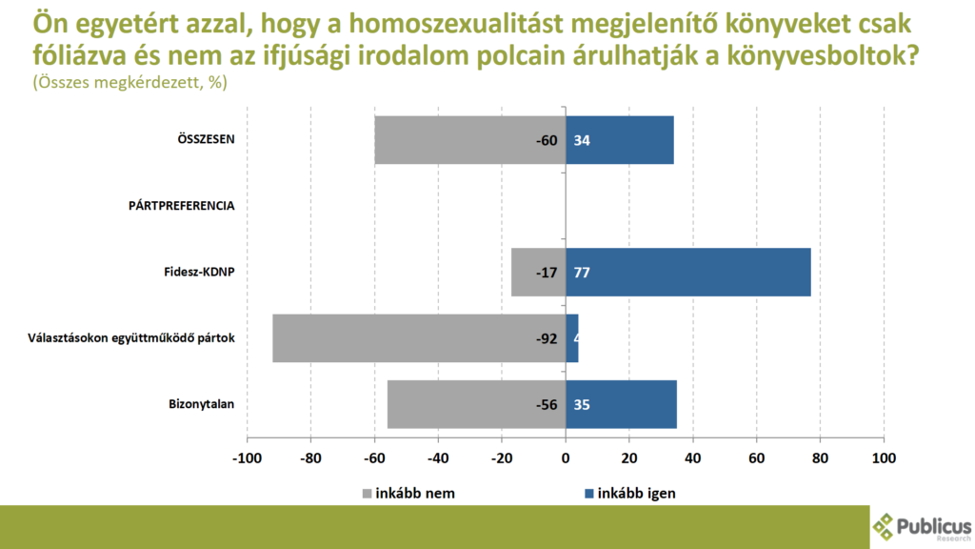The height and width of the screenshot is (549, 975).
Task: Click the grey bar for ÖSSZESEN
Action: click(x=469, y=140)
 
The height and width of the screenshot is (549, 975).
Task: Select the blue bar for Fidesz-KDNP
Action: click(x=688, y=272)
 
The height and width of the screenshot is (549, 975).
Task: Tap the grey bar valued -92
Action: click(x=419, y=338)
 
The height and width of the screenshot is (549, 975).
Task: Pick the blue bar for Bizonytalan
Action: click(x=622, y=404)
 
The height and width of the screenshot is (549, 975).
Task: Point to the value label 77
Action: click(x=583, y=273)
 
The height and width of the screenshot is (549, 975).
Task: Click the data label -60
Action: click(x=546, y=140)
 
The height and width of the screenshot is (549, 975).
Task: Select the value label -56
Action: click(x=546, y=404)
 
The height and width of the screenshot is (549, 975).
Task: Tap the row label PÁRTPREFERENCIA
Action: click(x=182, y=205)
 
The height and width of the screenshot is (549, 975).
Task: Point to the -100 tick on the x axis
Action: click(x=247, y=457)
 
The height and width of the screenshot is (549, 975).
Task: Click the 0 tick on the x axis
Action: click(x=566, y=457)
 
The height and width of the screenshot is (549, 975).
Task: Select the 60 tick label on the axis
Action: click(x=757, y=457)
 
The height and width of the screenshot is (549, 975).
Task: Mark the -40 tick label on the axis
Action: click(x=438, y=457)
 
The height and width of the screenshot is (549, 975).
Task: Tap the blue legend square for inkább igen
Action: click(x=588, y=494)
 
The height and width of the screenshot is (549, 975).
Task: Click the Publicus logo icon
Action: click(x=885, y=525)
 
